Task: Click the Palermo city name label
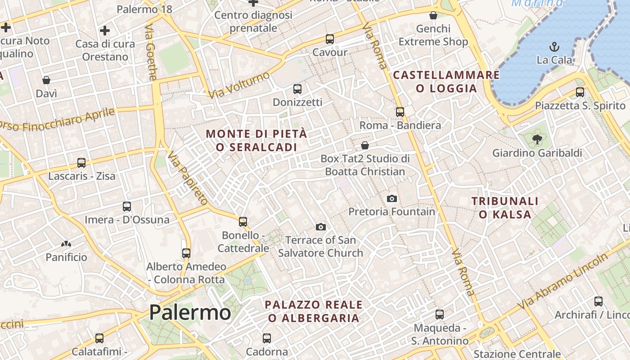click(190, 312)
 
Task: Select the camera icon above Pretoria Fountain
click(392, 198)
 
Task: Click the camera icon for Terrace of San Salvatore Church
click(320, 227)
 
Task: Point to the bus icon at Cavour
click(330, 39)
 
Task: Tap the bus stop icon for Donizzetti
click(297, 89)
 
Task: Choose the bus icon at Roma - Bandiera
click(400, 112)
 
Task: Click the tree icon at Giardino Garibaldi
click(536, 139)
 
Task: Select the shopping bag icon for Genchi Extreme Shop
click(433, 16)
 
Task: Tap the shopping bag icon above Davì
click(46, 81)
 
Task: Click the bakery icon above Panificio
click(66, 244)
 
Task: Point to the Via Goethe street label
click(151, 52)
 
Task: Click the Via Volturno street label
click(239, 85)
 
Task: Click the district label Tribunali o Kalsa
click(505, 207)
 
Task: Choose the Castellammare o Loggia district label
click(446, 81)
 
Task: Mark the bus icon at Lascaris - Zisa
click(81, 163)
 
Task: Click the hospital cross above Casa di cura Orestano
click(105, 31)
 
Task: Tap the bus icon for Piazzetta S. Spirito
click(580, 92)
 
